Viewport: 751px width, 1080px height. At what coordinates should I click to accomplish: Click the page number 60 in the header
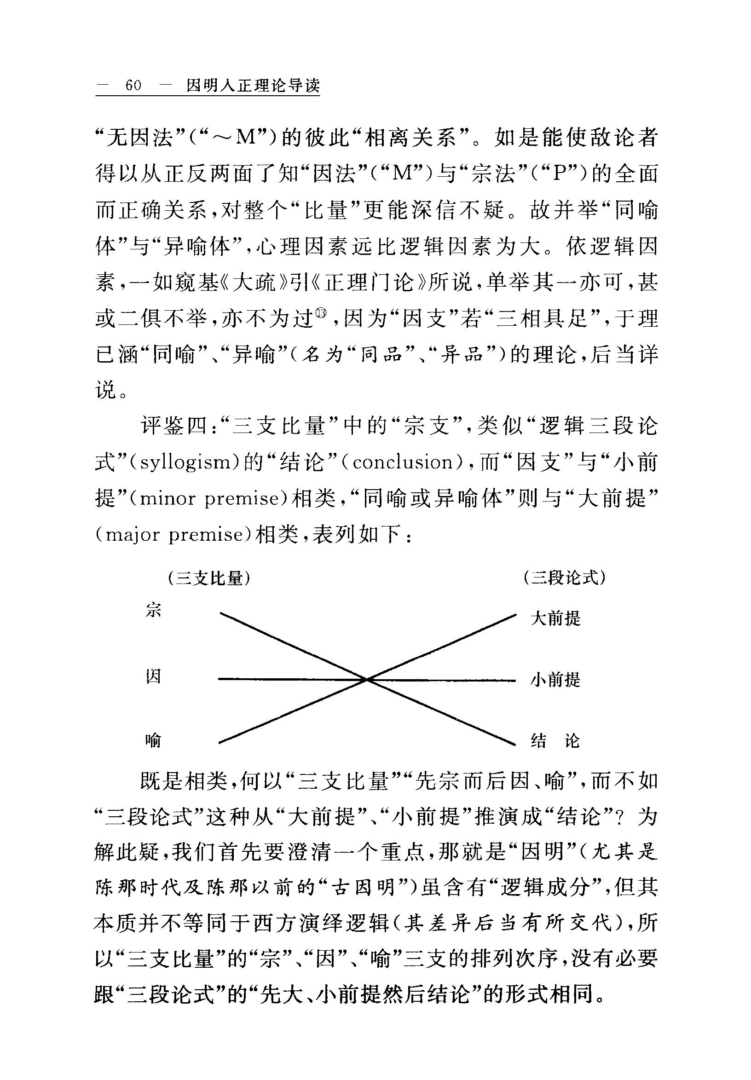click(x=133, y=86)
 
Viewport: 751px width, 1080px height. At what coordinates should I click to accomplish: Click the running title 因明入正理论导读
click(x=253, y=86)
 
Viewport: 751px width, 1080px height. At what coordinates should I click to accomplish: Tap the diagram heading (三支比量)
click(x=208, y=578)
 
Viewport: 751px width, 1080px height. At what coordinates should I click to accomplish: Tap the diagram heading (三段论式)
click(x=564, y=577)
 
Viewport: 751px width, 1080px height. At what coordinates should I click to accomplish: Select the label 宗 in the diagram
click(x=153, y=610)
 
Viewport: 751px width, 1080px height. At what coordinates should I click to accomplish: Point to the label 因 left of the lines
click(x=153, y=677)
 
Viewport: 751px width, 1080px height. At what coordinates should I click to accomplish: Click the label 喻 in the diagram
click(x=153, y=741)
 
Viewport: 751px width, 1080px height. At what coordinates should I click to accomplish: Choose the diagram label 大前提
click(x=555, y=618)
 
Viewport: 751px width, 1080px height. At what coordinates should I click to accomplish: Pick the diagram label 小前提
click(x=555, y=680)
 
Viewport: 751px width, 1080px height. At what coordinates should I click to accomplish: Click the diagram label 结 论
click(x=555, y=742)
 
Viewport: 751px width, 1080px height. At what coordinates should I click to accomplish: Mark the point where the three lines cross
click(x=366, y=679)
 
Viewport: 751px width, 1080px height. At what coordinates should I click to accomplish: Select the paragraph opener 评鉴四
click(x=175, y=427)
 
